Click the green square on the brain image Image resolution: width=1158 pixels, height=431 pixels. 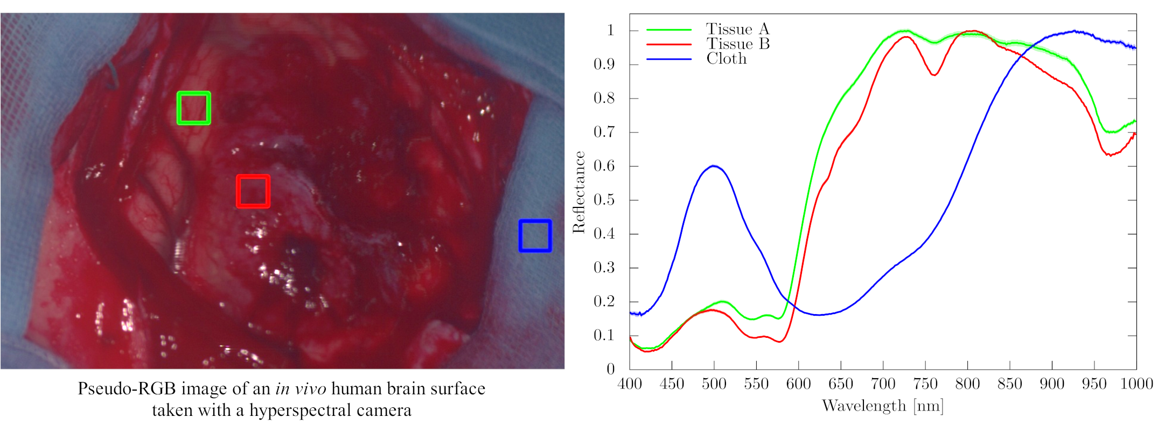pos(194,108)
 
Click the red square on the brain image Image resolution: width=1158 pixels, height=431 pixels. pos(253,191)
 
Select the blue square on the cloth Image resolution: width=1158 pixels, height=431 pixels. pos(535,235)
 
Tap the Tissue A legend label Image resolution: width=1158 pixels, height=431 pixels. pos(737,29)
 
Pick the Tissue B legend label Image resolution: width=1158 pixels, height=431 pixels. pos(737,44)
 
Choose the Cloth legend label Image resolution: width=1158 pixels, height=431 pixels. pos(727,59)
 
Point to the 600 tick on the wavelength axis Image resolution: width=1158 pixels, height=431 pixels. pos(798,384)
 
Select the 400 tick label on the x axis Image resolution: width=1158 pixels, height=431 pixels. pos(630,384)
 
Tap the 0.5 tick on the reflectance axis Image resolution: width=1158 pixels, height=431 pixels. pos(604,200)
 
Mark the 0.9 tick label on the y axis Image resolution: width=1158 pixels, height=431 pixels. pos(604,65)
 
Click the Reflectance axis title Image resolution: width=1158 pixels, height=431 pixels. pos(579,192)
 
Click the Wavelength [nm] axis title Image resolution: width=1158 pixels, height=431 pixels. pos(883,406)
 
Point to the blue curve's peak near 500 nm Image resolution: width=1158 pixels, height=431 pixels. pos(714,166)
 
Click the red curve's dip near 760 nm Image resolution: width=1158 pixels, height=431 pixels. pos(934,75)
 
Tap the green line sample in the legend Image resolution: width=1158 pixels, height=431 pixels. pos(668,30)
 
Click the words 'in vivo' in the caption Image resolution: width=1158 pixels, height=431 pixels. pos(301,388)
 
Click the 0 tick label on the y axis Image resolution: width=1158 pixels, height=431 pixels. pos(610,369)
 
